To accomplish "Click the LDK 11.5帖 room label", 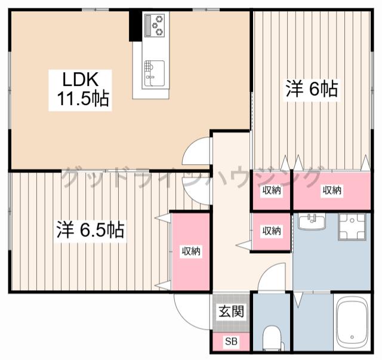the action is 81,90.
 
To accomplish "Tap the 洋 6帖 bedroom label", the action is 312,89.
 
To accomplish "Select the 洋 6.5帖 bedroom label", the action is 91,229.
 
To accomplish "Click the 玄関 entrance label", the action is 231,311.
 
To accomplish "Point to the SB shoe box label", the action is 231,341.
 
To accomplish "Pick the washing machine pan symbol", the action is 352,227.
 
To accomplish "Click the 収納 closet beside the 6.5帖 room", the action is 191,251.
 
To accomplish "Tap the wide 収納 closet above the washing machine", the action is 332,190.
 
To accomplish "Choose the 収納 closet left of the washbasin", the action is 272,231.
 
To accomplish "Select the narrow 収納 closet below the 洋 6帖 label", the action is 272,190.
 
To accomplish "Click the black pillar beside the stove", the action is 135,25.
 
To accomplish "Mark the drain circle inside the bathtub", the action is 352,337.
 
